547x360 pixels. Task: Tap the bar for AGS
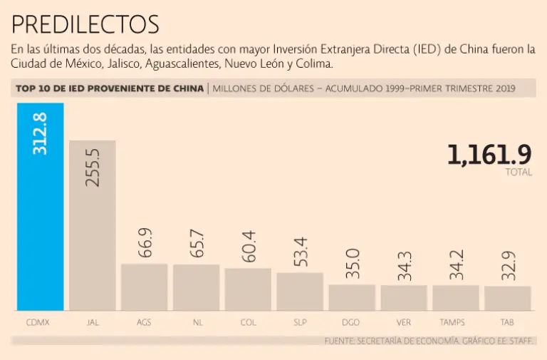click(144, 287)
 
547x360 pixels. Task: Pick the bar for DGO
click(352, 297)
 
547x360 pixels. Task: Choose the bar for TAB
click(507, 298)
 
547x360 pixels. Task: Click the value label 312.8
click(41, 133)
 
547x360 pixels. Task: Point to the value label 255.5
click(93, 167)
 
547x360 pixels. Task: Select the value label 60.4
click(249, 247)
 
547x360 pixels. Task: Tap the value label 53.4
click(301, 252)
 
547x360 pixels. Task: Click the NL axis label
click(197, 322)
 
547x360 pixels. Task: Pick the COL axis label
click(249, 322)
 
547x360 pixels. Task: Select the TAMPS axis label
click(455, 322)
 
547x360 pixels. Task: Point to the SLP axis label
click(301, 322)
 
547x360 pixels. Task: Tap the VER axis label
click(404, 322)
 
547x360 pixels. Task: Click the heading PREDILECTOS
click(85, 25)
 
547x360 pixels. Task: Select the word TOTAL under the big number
click(518, 173)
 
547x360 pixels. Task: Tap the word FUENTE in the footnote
click(340, 341)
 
